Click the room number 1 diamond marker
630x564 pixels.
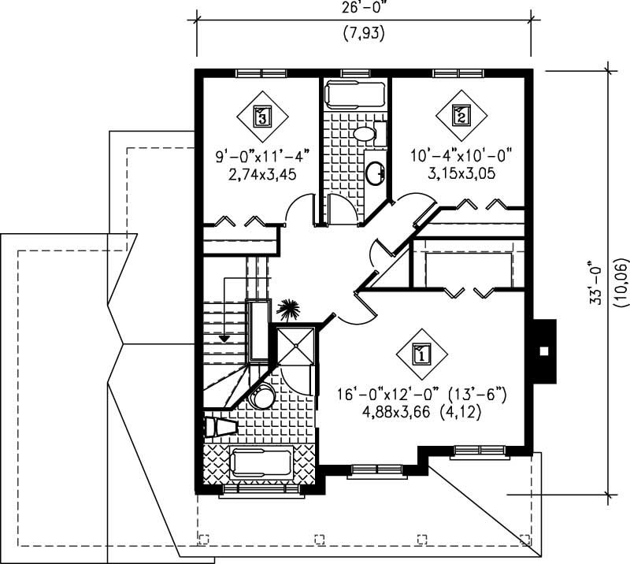tap(421, 354)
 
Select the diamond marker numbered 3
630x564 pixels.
tap(262, 117)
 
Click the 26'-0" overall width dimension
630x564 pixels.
tap(363, 10)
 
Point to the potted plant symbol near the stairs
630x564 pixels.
tap(288, 310)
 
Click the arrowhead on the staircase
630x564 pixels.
tap(225, 337)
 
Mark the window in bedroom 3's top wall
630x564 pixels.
tap(258, 73)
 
